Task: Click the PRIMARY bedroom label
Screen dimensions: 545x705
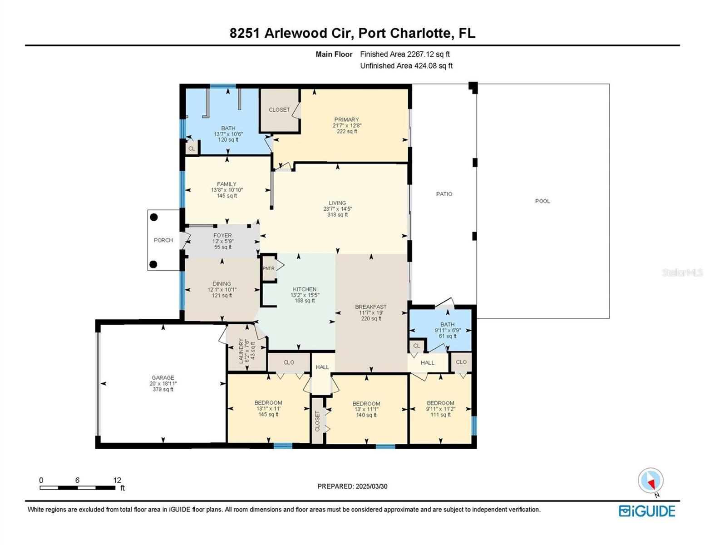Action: pos(346,120)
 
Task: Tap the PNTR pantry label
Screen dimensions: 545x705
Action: pos(268,268)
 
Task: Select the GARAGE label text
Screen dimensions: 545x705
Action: pos(163,377)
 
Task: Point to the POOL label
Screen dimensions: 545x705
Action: pos(542,201)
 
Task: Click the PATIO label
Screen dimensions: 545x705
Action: pos(444,194)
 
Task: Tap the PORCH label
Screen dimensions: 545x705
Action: pos(163,240)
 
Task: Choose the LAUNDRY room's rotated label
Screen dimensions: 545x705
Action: pos(241,351)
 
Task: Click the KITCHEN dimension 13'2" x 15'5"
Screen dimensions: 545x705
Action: pos(305,295)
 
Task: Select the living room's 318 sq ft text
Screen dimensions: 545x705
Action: pos(337,215)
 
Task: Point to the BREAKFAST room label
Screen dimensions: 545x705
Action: pos(370,307)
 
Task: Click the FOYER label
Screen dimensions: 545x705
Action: pos(222,236)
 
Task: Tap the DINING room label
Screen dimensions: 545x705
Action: pos(222,284)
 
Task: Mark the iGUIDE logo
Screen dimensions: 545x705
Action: pos(646,511)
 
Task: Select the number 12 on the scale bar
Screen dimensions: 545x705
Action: pos(117,480)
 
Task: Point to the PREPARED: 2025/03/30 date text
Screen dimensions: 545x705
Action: pos(352,486)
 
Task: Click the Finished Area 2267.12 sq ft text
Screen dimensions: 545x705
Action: pos(404,54)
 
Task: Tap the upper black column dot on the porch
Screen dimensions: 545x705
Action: pos(154,217)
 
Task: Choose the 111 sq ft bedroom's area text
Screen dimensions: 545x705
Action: pos(440,415)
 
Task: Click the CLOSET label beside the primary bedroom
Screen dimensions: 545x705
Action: pos(279,110)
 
